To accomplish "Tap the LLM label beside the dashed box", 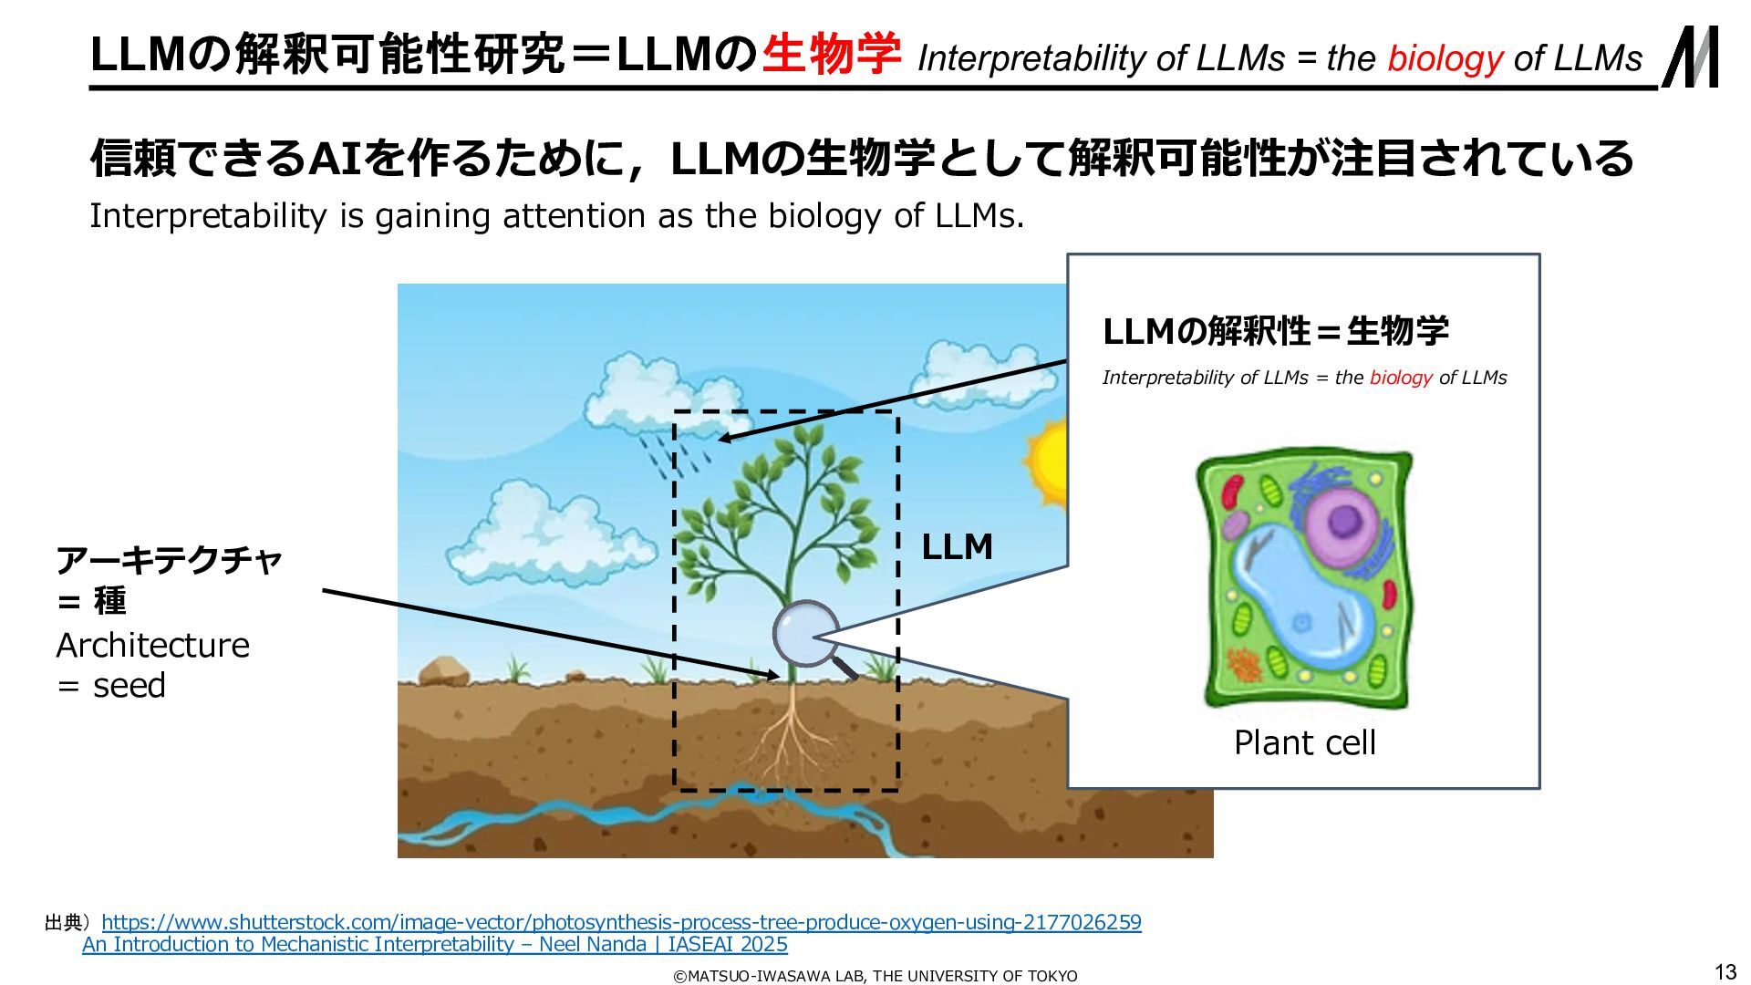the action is pos(957,546).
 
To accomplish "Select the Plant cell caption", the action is pos(1304,742).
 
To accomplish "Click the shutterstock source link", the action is pos(621,922).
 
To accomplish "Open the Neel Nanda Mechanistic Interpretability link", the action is pos(435,944).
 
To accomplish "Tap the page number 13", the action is pos(1725,972).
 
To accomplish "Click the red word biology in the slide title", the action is pos(1445,58).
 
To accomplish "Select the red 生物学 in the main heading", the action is pos(831,54).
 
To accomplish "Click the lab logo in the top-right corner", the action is pos(1691,57).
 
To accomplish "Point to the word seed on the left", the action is pos(130,686).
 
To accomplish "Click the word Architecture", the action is pos(152,645).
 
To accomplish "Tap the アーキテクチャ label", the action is pos(169,559).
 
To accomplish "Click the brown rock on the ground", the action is pos(443,671).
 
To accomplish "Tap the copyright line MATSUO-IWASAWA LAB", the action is pos(875,976).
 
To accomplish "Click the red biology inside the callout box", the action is pos(1401,378).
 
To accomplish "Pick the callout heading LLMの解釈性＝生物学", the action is pos(1275,330).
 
